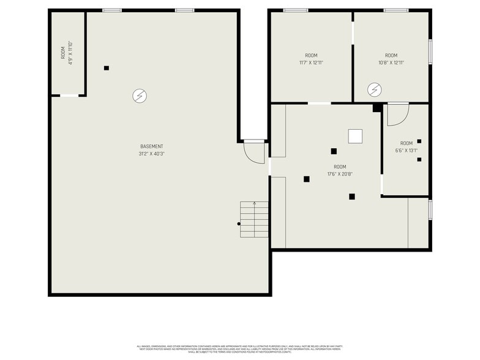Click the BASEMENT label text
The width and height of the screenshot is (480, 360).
(x=152, y=146)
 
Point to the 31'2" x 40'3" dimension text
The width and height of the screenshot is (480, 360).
(x=152, y=154)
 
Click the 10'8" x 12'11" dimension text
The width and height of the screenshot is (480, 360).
(x=391, y=62)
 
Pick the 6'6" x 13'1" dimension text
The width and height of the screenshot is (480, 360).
(x=407, y=150)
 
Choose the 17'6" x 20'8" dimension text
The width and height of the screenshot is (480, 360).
(x=340, y=174)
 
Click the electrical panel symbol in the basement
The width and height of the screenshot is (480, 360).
(x=140, y=96)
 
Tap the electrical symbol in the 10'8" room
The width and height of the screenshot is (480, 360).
(x=373, y=91)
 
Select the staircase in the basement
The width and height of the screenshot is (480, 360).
(x=254, y=220)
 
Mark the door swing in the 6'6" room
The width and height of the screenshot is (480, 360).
(x=397, y=114)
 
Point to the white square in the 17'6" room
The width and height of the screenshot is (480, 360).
(x=355, y=137)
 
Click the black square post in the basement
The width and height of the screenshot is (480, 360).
(x=107, y=68)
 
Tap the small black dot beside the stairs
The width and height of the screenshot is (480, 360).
(x=239, y=224)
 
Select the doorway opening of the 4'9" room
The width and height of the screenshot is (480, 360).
(x=69, y=96)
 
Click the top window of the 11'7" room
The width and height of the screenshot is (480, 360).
(x=296, y=10)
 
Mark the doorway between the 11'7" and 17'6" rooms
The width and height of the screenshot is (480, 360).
(x=319, y=103)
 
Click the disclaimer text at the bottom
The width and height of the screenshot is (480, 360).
(x=240, y=349)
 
